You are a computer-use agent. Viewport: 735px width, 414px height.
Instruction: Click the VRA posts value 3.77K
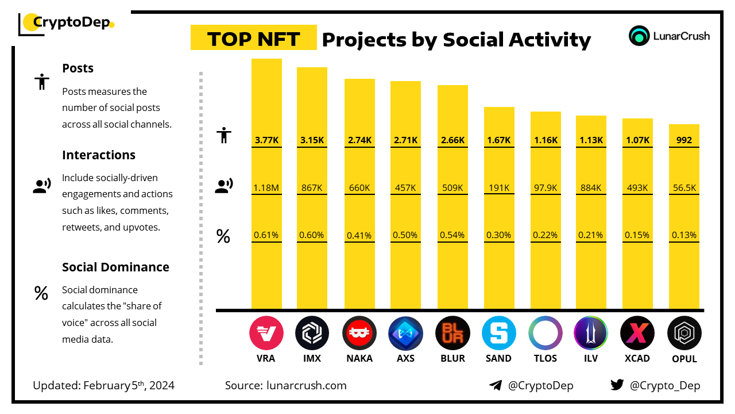266,140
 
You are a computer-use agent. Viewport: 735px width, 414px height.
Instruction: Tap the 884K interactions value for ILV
591,187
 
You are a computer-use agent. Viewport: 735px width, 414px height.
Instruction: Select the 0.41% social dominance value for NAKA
359,235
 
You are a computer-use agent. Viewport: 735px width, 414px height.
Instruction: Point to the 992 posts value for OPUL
684,140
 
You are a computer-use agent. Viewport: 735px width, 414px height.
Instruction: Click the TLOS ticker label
545,358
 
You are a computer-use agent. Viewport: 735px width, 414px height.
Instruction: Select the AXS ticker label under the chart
405,358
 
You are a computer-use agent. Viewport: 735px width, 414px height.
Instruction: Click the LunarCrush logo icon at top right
639,36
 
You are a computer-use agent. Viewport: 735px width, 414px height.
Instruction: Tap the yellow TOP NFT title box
253,39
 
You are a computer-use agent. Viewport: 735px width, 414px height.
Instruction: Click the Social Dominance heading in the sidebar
115,267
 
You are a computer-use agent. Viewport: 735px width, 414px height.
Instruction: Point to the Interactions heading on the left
99,155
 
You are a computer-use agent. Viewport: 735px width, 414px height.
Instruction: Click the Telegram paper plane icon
496,385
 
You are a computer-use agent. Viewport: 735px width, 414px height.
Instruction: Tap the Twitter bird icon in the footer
617,385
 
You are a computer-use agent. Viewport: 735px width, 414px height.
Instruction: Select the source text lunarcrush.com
307,385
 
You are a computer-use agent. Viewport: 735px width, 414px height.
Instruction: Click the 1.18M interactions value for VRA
266,187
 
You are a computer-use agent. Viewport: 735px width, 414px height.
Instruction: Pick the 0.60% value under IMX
312,235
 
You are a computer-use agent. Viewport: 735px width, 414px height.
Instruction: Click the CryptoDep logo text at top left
72,22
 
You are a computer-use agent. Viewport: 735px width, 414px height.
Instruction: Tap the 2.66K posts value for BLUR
452,140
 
